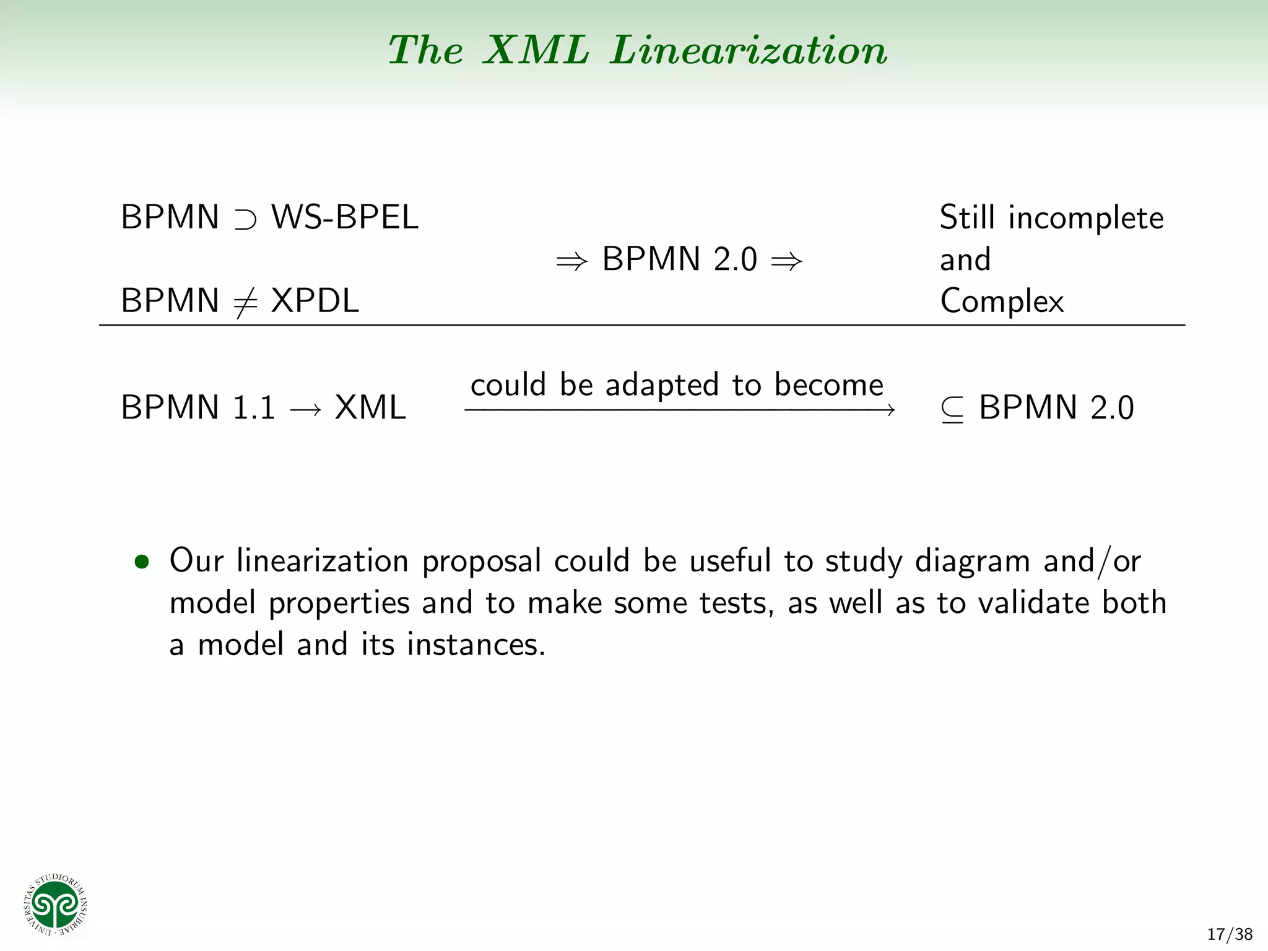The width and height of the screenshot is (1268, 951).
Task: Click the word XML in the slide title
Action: [536, 50]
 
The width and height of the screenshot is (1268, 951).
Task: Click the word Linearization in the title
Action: [749, 50]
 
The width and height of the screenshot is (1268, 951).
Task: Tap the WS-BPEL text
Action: [345, 217]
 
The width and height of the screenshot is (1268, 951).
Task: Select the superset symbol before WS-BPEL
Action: [245, 219]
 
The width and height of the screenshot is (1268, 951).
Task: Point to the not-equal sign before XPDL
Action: [245, 302]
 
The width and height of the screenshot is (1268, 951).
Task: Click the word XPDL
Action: [315, 301]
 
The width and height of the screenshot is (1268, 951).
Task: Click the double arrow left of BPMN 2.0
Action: [571, 261]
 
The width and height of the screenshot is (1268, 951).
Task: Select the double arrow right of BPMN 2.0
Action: [786, 261]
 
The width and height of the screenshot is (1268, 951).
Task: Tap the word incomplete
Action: [1086, 219]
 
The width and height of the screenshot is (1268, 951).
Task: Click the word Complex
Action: [1002, 302]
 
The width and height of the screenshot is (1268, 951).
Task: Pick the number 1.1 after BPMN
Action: [254, 408]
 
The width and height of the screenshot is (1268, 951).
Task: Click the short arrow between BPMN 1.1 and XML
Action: [305, 409]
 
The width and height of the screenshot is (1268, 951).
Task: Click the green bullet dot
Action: [142, 562]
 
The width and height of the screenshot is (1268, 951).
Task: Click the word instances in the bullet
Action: [475, 645]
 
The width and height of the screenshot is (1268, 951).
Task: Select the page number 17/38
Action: [1230, 934]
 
